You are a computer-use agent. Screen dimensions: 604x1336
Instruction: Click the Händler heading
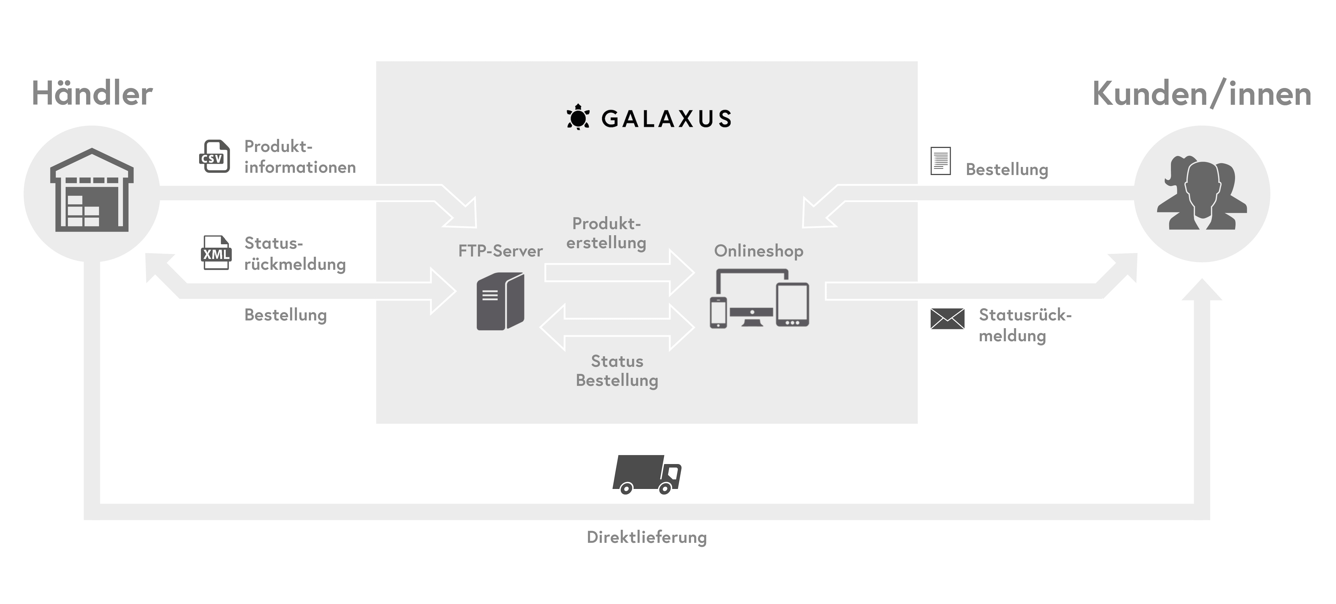[x=92, y=94]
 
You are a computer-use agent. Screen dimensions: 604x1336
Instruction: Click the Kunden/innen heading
[x=1201, y=94]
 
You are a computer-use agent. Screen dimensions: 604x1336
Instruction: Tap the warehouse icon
[x=92, y=190]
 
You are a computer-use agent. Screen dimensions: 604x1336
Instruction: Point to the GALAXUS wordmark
[x=666, y=119]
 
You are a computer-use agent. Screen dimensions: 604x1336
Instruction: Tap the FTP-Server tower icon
[x=500, y=302]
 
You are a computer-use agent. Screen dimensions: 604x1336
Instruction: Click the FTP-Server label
[x=500, y=251]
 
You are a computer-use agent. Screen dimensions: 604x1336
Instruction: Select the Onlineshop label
[x=758, y=251]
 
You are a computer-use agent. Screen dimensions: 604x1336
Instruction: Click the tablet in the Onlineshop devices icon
[x=792, y=305]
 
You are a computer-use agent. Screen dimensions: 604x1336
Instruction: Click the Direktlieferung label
[x=646, y=537]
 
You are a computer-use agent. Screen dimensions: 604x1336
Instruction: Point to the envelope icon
[x=947, y=319]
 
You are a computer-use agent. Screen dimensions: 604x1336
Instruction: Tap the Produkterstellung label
[x=606, y=233]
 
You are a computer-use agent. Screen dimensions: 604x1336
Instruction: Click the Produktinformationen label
[x=300, y=157]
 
